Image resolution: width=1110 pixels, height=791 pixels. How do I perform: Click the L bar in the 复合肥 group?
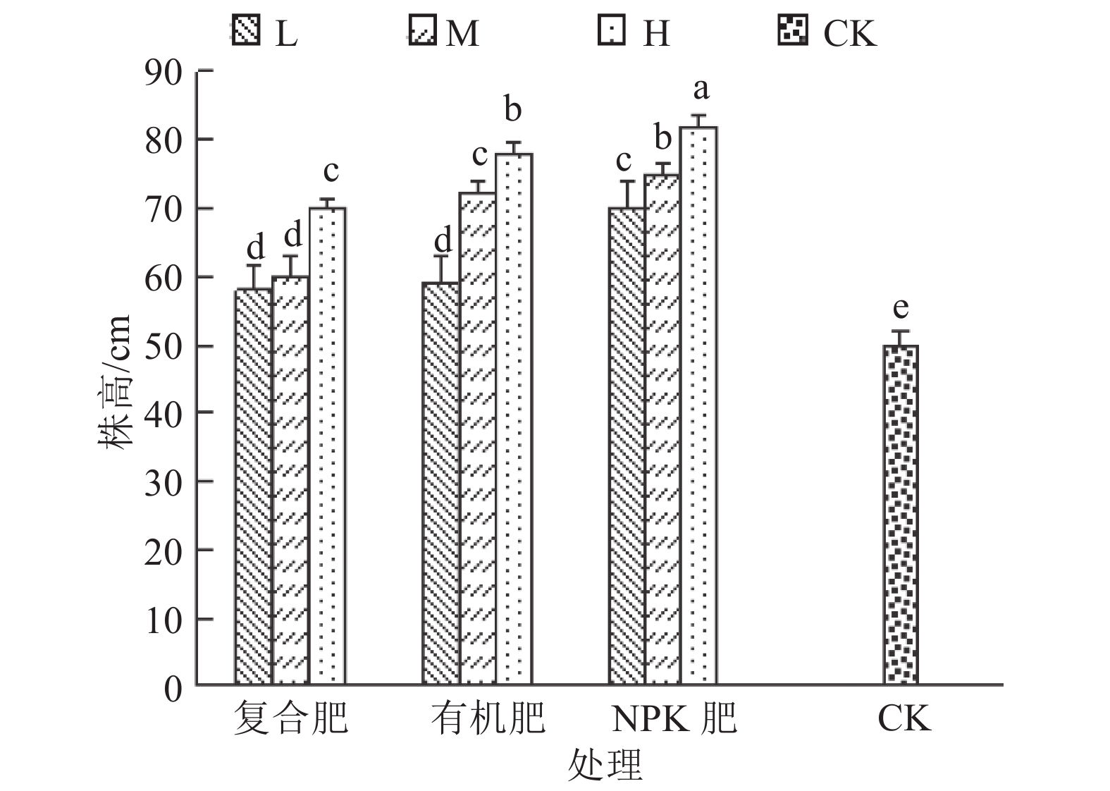click(253, 486)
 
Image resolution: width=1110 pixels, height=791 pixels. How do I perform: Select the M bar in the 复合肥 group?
click(290, 480)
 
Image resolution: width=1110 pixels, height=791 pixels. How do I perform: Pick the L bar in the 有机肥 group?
click(440, 484)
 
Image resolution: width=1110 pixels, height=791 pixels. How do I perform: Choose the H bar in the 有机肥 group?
click(514, 419)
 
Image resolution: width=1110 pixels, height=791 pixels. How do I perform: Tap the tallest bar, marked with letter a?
click(698, 406)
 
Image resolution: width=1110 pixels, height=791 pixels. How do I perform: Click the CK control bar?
click(901, 515)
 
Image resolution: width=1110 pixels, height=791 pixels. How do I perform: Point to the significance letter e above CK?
click(901, 308)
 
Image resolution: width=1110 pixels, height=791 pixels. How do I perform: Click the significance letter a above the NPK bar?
click(700, 90)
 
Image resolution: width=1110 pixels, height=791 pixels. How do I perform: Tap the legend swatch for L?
click(245, 32)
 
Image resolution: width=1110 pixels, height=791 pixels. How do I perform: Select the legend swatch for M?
click(421, 32)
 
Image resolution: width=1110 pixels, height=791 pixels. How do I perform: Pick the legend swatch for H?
click(611, 32)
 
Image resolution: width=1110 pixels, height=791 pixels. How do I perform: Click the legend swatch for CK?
click(793, 32)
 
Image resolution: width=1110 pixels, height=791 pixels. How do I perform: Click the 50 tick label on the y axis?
click(164, 346)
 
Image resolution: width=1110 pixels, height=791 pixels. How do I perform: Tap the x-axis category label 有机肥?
click(488, 719)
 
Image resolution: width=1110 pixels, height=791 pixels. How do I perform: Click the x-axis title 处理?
click(605, 766)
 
